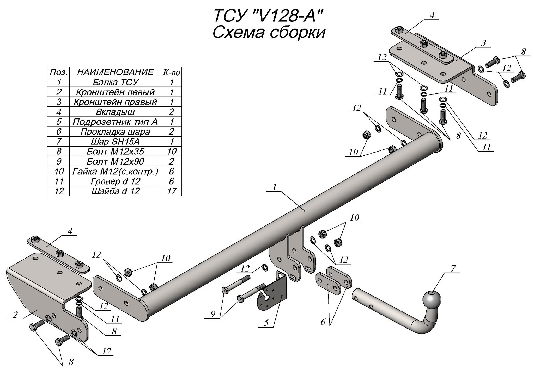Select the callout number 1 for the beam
coord(274,187)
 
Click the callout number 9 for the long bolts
coord(213,315)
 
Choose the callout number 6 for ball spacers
coord(323,322)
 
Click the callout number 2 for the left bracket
coord(15,315)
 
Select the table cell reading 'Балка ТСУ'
coord(115,82)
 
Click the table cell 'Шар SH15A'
coord(115,142)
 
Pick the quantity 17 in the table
coord(171,191)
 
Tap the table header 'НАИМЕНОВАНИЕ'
coord(115,72)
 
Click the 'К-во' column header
coord(171,72)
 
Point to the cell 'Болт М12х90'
coord(115,161)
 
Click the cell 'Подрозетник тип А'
coord(115,122)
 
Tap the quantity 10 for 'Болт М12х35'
coord(171,152)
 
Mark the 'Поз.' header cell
coord(59,72)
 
